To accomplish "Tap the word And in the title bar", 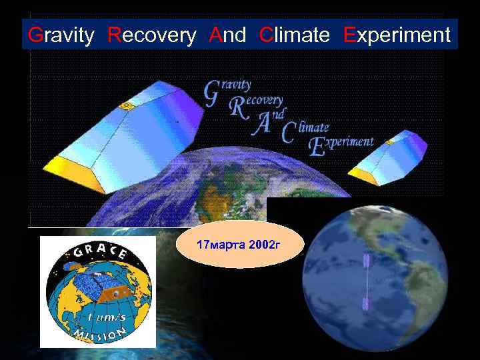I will click(x=227, y=35).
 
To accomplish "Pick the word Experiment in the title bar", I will click(x=397, y=35).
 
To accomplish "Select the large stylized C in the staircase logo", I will click(x=289, y=132).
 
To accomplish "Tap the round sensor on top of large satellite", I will click(x=125, y=105).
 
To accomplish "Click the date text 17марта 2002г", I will click(x=239, y=245).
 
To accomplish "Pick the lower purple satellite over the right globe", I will click(x=365, y=305).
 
